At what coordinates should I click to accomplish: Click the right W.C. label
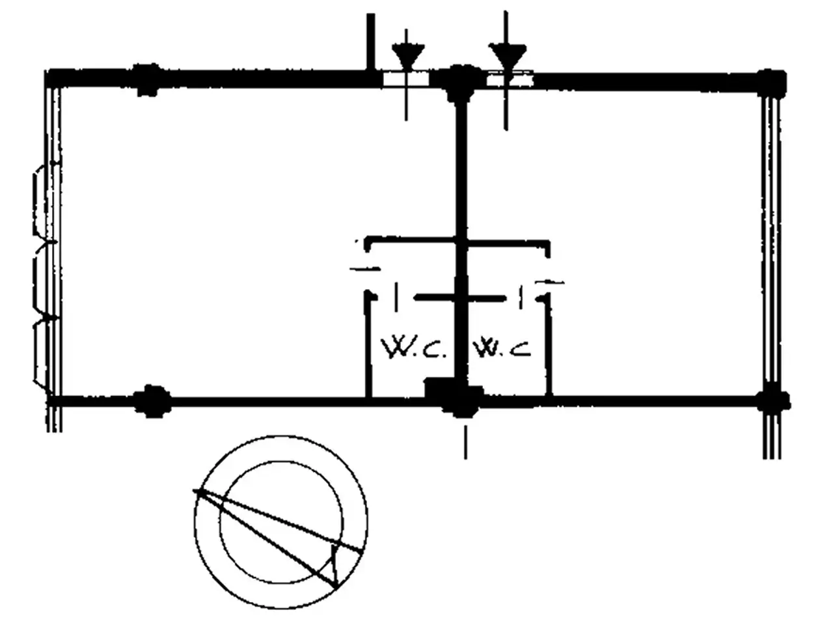tap(501, 348)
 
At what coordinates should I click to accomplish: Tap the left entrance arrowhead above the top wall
tap(407, 56)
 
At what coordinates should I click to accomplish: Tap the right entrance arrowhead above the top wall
tap(507, 56)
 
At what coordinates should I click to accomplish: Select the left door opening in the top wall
tap(405, 79)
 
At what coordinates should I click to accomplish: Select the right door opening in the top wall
tap(510, 79)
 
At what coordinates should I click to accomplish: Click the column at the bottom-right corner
tap(772, 402)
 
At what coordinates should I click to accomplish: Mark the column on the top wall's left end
tap(147, 80)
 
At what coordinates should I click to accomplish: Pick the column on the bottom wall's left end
tap(152, 402)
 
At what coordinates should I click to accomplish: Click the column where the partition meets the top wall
tap(460, 83)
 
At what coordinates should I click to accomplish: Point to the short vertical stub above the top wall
tap(371, 42)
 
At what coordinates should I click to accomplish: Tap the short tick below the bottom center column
tap(466, 442)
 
